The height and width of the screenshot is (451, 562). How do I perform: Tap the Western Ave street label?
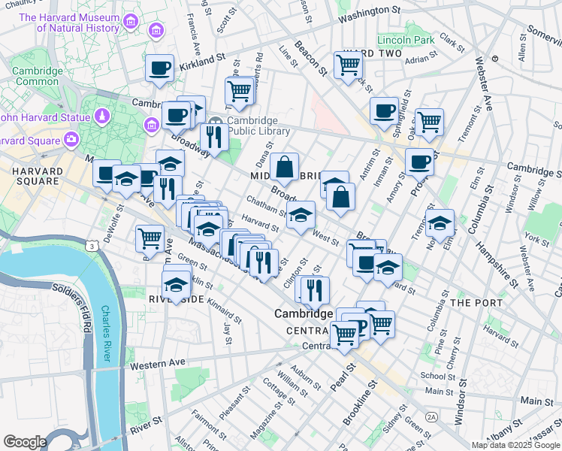click(x=157, y=364)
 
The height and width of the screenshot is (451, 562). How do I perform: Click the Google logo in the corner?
click(x=25, y=441)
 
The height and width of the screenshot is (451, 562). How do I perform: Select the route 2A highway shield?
click(x=431, y=416)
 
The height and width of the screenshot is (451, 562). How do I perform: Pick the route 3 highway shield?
click(x=91, y=246)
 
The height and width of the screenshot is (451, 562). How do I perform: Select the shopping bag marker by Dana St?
click(x=286, y=166)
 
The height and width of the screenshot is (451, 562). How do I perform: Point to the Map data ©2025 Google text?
click(x=515, y=445)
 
